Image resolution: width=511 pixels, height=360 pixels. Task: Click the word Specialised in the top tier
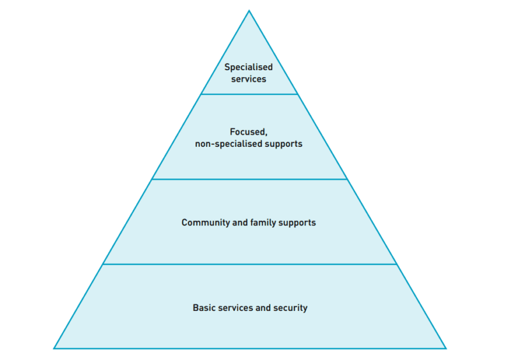[248, 67]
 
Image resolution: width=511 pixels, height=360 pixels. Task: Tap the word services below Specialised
[248, 79]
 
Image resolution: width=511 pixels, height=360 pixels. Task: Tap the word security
[290, 308]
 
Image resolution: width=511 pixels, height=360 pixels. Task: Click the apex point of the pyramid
[249, 11]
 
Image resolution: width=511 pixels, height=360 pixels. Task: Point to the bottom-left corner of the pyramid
[54, 349]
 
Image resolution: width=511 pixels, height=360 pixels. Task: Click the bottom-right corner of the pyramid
[445, 349]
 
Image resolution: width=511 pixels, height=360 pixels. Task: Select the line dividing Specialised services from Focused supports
[249, 94]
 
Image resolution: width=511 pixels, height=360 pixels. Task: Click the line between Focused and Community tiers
[249, 179]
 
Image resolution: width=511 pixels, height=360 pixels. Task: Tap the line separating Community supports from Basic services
[249, 264]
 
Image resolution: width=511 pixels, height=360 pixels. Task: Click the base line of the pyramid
[249, 349]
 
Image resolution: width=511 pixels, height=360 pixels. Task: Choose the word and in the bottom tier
[263, 308]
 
